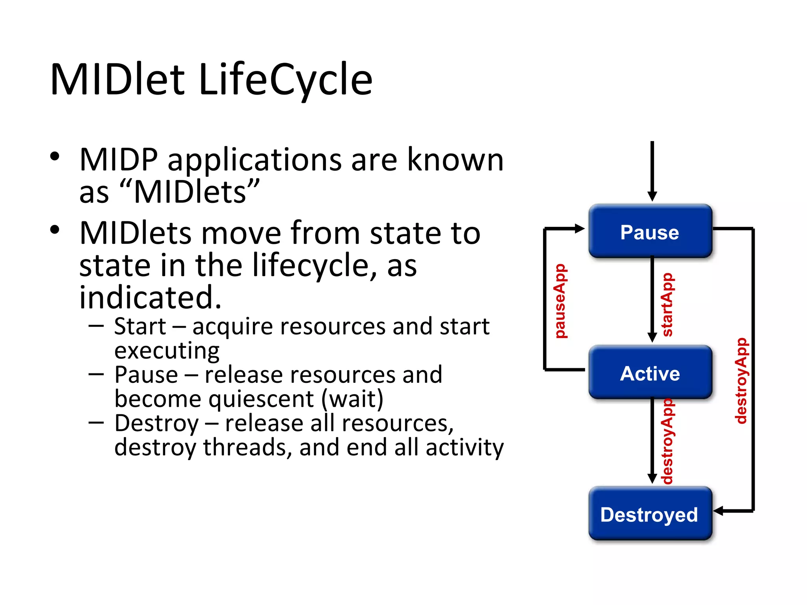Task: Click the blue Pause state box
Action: tap(650, 232)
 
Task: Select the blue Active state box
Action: tap(650, 373)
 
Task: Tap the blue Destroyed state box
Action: tap(650, 514)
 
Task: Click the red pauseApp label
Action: tap(560, 301)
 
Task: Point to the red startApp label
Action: tap(667, 304)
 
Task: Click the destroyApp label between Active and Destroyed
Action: tap(667, 441)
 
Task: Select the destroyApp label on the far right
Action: tap(741, 380)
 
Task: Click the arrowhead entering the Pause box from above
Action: tap(652, 196)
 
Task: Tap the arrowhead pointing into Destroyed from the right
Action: tap(718, 511)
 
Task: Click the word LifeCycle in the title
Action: tap(285, 80)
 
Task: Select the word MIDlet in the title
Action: tap(117, 80)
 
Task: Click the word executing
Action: tap(167, 351)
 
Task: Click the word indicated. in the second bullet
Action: tap(150, 297)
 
